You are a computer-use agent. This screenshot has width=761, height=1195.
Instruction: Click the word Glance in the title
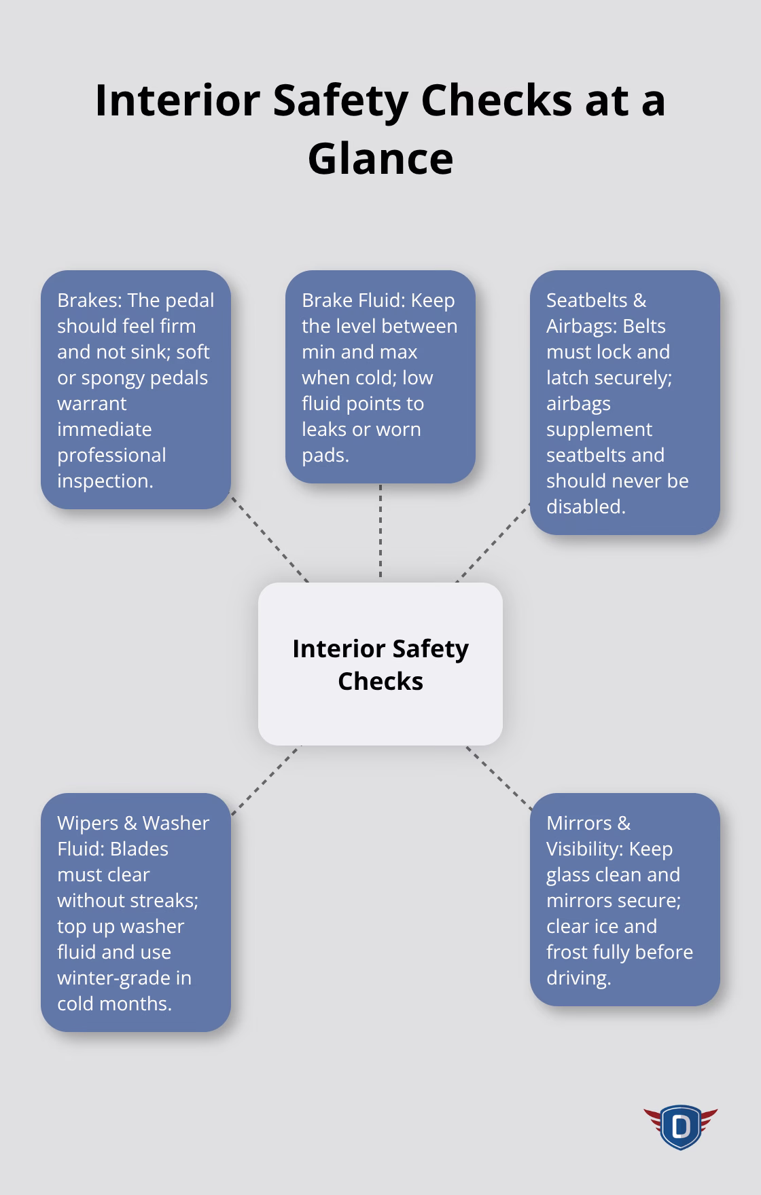(x=380, y=159)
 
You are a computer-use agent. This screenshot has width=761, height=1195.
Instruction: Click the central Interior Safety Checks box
(x=380, y=664)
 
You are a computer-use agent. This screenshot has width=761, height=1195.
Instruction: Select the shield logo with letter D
(x=680, y=1127)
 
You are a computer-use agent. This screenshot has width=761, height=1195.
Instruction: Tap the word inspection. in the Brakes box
(x=105, y=481)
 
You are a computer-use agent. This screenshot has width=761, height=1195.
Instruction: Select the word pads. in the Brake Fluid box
(x=325, y=455)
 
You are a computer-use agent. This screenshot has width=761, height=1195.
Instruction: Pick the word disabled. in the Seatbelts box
(x=586, y=507)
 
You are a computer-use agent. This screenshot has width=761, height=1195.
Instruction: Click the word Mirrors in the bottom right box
(x=579, y=823)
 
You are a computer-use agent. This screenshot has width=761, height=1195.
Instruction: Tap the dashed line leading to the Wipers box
(x=266, y=780)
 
